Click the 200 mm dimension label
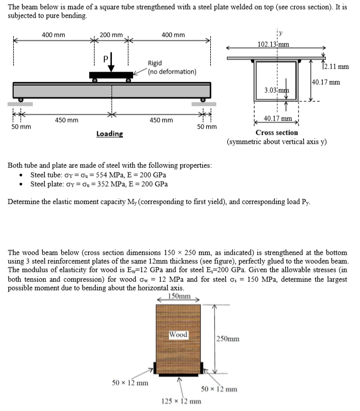click(x=111, y=35)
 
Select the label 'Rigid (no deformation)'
click(x=171, y=67)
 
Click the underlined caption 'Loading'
click(x=109, y=134)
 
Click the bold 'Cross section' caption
click(x=277, y=133)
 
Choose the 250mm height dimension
click(x=228, y=339)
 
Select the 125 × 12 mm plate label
click(x=181, y=401)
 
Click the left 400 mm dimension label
click(x=53, y=35)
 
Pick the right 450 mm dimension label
click(x=161, y=120)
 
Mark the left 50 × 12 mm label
click(x=130, y=382)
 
